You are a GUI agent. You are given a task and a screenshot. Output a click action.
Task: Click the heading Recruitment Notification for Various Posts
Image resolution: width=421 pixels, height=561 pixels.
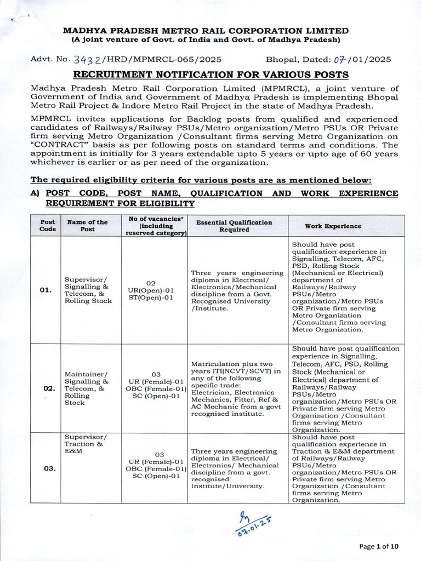210,74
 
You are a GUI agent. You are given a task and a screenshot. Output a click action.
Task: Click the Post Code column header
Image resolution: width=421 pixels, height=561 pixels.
47,226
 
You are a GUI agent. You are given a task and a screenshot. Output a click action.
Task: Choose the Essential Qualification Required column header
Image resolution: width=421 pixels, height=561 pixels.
234,226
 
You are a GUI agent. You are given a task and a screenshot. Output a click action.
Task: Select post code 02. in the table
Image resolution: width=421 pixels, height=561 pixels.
48,388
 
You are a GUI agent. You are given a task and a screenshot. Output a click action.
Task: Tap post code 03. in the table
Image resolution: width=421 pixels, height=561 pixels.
48,468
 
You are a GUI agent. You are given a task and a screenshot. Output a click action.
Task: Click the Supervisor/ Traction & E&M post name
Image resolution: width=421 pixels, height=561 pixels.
86,444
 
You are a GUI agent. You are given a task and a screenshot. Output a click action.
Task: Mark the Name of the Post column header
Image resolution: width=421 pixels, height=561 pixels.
87,226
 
